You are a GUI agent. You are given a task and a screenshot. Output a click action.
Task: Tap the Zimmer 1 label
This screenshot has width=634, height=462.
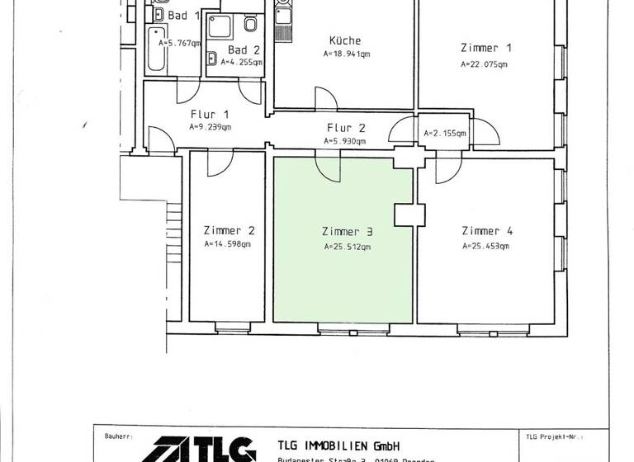tap(480, 47)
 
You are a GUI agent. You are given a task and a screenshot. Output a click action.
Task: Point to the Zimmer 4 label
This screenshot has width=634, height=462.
tap(486, 231)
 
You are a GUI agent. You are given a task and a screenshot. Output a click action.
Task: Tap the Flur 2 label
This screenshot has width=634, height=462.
tap(346, 128)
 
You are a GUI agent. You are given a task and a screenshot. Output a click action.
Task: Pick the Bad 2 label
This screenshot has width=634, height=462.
tap(235, 49)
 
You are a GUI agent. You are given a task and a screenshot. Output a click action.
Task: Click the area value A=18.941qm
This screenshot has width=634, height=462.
tap(347, 54)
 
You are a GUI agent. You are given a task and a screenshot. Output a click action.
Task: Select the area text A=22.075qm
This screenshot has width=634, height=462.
tap(485, 64)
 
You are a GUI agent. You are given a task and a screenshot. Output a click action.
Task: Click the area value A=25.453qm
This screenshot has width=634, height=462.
tap(485, 245)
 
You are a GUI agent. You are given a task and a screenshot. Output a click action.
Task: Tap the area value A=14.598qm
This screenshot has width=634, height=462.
tap(227, 244)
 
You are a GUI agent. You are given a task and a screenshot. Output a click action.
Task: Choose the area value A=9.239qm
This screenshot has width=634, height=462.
tap(210, 128)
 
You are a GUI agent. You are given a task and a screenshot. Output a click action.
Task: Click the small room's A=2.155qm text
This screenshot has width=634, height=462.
tap(445, 133)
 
